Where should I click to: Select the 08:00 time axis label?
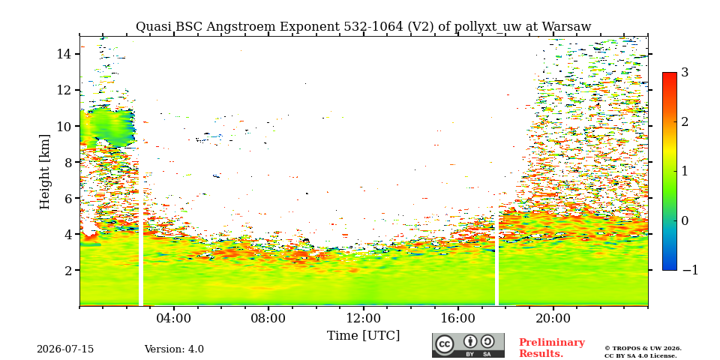point(268,318)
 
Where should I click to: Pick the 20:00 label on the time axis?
point(553,318)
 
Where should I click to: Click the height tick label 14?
point(63,54)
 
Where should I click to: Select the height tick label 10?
point(63,126)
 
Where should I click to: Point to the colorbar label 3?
point(685,73)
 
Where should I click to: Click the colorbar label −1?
point(690,270)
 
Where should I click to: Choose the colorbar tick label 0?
point(685,220)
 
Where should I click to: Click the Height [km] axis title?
point(44,172)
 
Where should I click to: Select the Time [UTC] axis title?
point(363,336)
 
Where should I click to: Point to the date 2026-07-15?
point(65,349)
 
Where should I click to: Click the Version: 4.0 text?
point(174,349)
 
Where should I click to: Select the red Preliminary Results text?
point(552,348)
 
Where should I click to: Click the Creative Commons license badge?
point(468,345)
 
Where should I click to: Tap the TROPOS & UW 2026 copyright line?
point(643,349)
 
